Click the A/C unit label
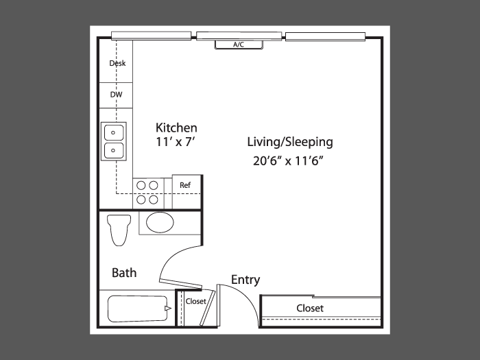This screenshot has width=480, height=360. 239,45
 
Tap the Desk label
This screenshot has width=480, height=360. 117,63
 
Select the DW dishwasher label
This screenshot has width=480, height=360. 116,95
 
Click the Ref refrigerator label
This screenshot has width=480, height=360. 185,185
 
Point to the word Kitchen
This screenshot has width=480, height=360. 176,128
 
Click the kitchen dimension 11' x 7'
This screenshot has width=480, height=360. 176,142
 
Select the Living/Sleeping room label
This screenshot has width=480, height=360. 290,142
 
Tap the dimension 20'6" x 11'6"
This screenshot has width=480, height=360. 289,160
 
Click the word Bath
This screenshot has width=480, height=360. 124,273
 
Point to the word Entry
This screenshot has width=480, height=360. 245,280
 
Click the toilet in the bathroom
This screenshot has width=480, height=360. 119,230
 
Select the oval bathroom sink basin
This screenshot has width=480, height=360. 160,222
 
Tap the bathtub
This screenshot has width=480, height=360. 139,309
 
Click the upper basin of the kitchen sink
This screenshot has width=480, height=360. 114,132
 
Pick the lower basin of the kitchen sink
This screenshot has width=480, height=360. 114,150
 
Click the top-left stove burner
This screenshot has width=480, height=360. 141,185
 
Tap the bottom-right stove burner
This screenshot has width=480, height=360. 154,200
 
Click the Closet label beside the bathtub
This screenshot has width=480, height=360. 195,301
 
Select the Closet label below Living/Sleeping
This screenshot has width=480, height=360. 310,308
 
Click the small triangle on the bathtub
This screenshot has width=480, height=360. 168,309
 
